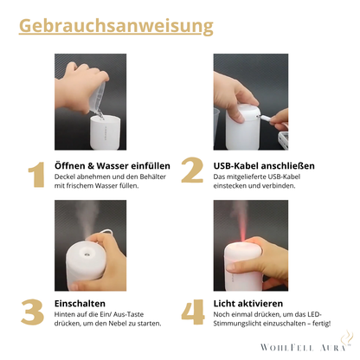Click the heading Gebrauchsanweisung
click(116, 26)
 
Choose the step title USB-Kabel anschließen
click(263, 165)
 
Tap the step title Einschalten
click(80, 304)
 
